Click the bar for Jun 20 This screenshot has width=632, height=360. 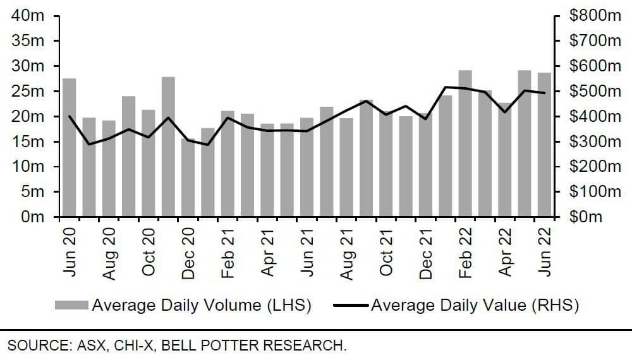(69, 148)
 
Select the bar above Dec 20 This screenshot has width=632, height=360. (188, 177)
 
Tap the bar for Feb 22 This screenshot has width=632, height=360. (465, 143)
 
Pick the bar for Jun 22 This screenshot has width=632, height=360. (544, 145)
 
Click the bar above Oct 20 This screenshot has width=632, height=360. (148, 163)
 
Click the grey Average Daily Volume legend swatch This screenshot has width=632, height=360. (72, 306)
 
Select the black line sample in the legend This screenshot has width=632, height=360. (350, 306)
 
